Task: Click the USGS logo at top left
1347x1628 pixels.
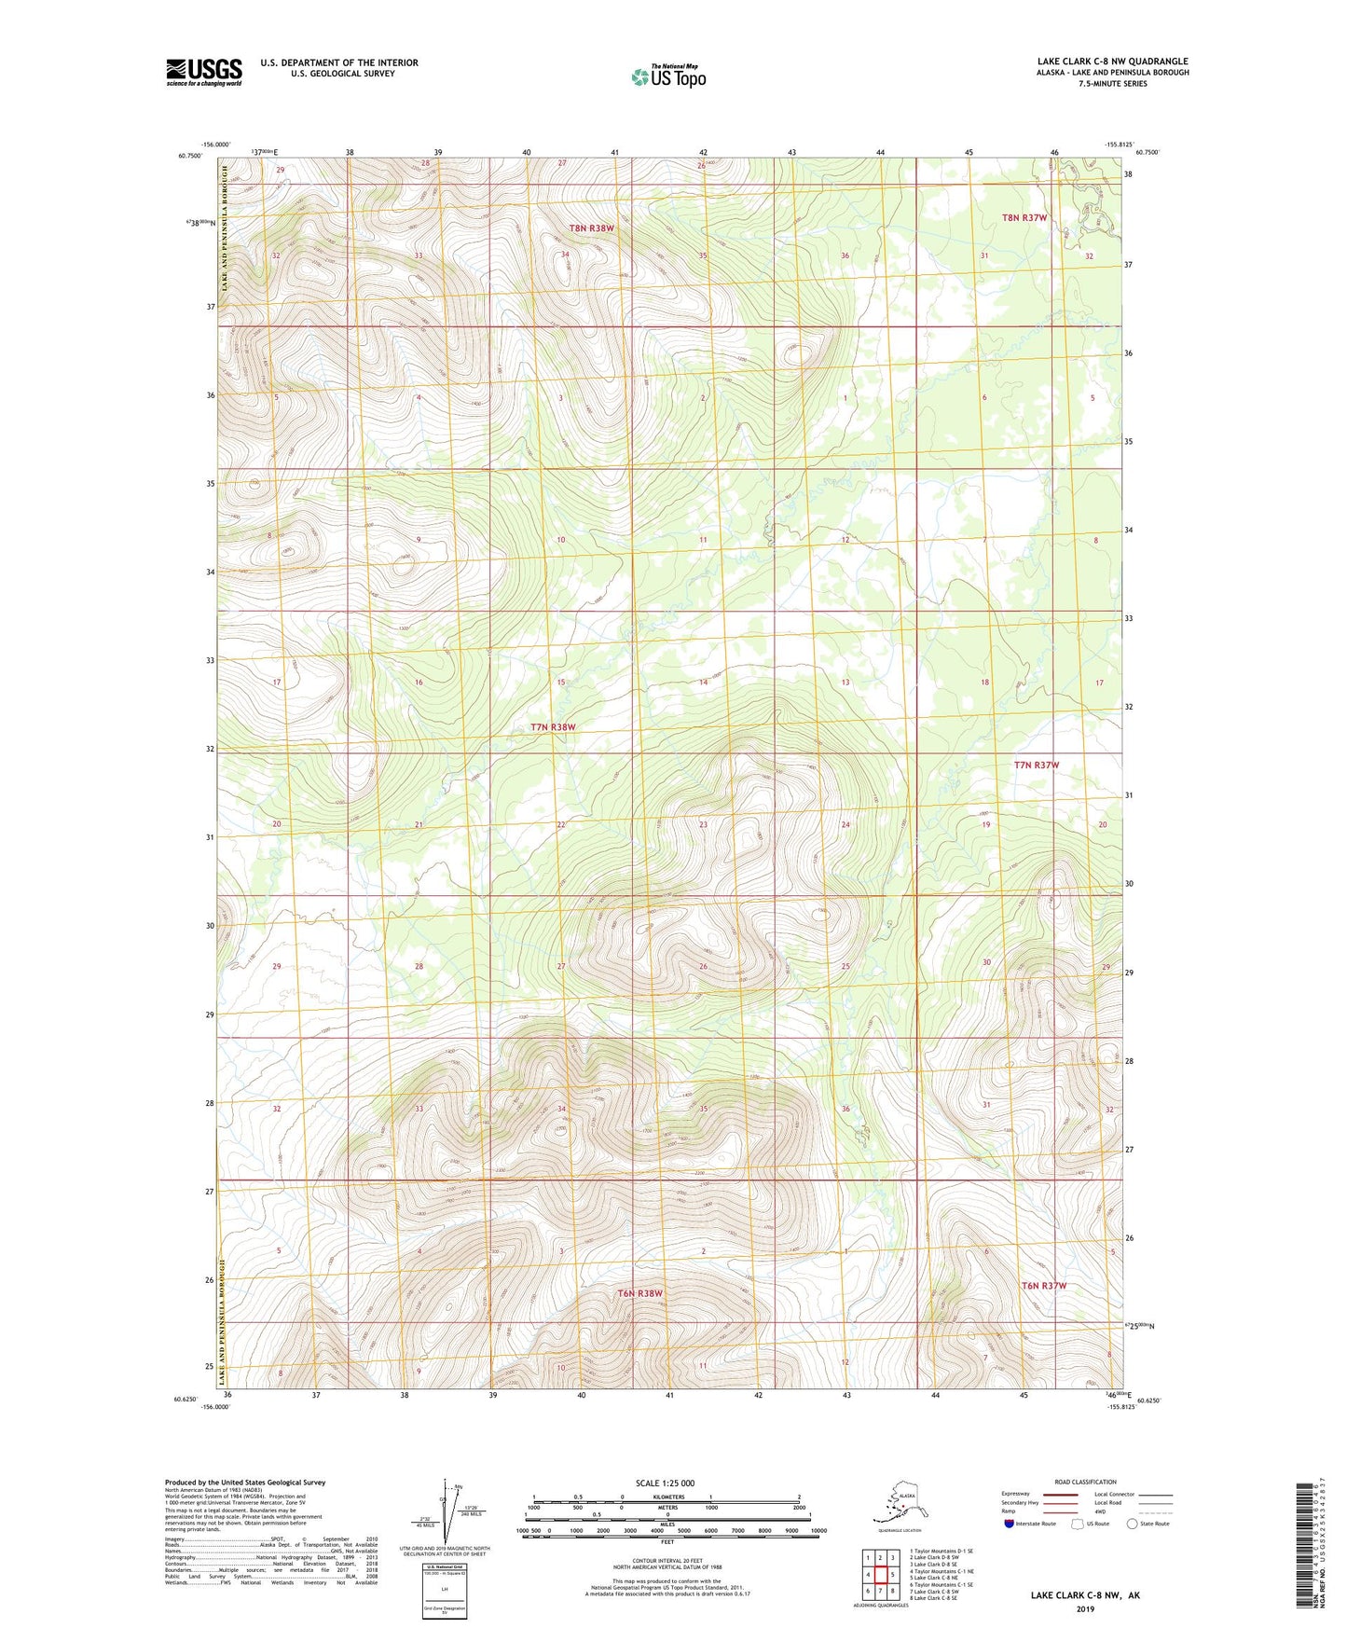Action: (203, 72)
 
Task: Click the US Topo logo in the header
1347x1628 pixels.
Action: (668, 76)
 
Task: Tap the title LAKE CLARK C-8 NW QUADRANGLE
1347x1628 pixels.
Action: (1112, 62)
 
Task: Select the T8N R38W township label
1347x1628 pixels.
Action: (592, 228)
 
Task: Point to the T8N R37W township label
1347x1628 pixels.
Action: (1024, 217)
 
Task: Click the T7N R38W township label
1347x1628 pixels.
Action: (553, 727)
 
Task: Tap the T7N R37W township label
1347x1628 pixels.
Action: (1037, 765)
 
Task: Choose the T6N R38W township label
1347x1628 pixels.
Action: (639, 1293)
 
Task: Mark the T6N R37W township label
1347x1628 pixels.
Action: (1043, 1286)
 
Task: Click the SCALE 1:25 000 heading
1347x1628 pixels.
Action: (665, 1483)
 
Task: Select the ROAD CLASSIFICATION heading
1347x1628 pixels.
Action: (1085, 1482)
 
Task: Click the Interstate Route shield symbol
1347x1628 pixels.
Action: (1010, 1524)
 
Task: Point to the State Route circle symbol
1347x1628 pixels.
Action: (1133, 1524)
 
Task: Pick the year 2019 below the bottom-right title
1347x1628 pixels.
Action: (1085, 1608)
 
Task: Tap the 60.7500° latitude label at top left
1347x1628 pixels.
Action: (189, 156)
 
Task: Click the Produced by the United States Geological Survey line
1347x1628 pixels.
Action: (245, 1482)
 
